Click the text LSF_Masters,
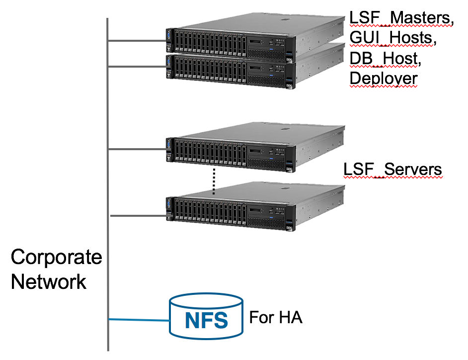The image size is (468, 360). (401, 18)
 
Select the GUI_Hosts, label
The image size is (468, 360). (393, 38)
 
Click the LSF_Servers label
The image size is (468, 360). (392, 169)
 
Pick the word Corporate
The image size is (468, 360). (56, 258)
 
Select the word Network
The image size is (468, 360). (49, 282)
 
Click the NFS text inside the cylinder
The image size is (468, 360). (206, 320)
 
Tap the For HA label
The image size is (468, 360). (276, 318)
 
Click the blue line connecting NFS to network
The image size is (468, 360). (139, 320)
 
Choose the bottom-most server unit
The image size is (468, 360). (254, 209)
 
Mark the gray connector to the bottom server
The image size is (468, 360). (137, 216)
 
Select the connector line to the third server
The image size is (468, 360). (137, 149)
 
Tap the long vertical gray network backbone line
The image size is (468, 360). (108, 184)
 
